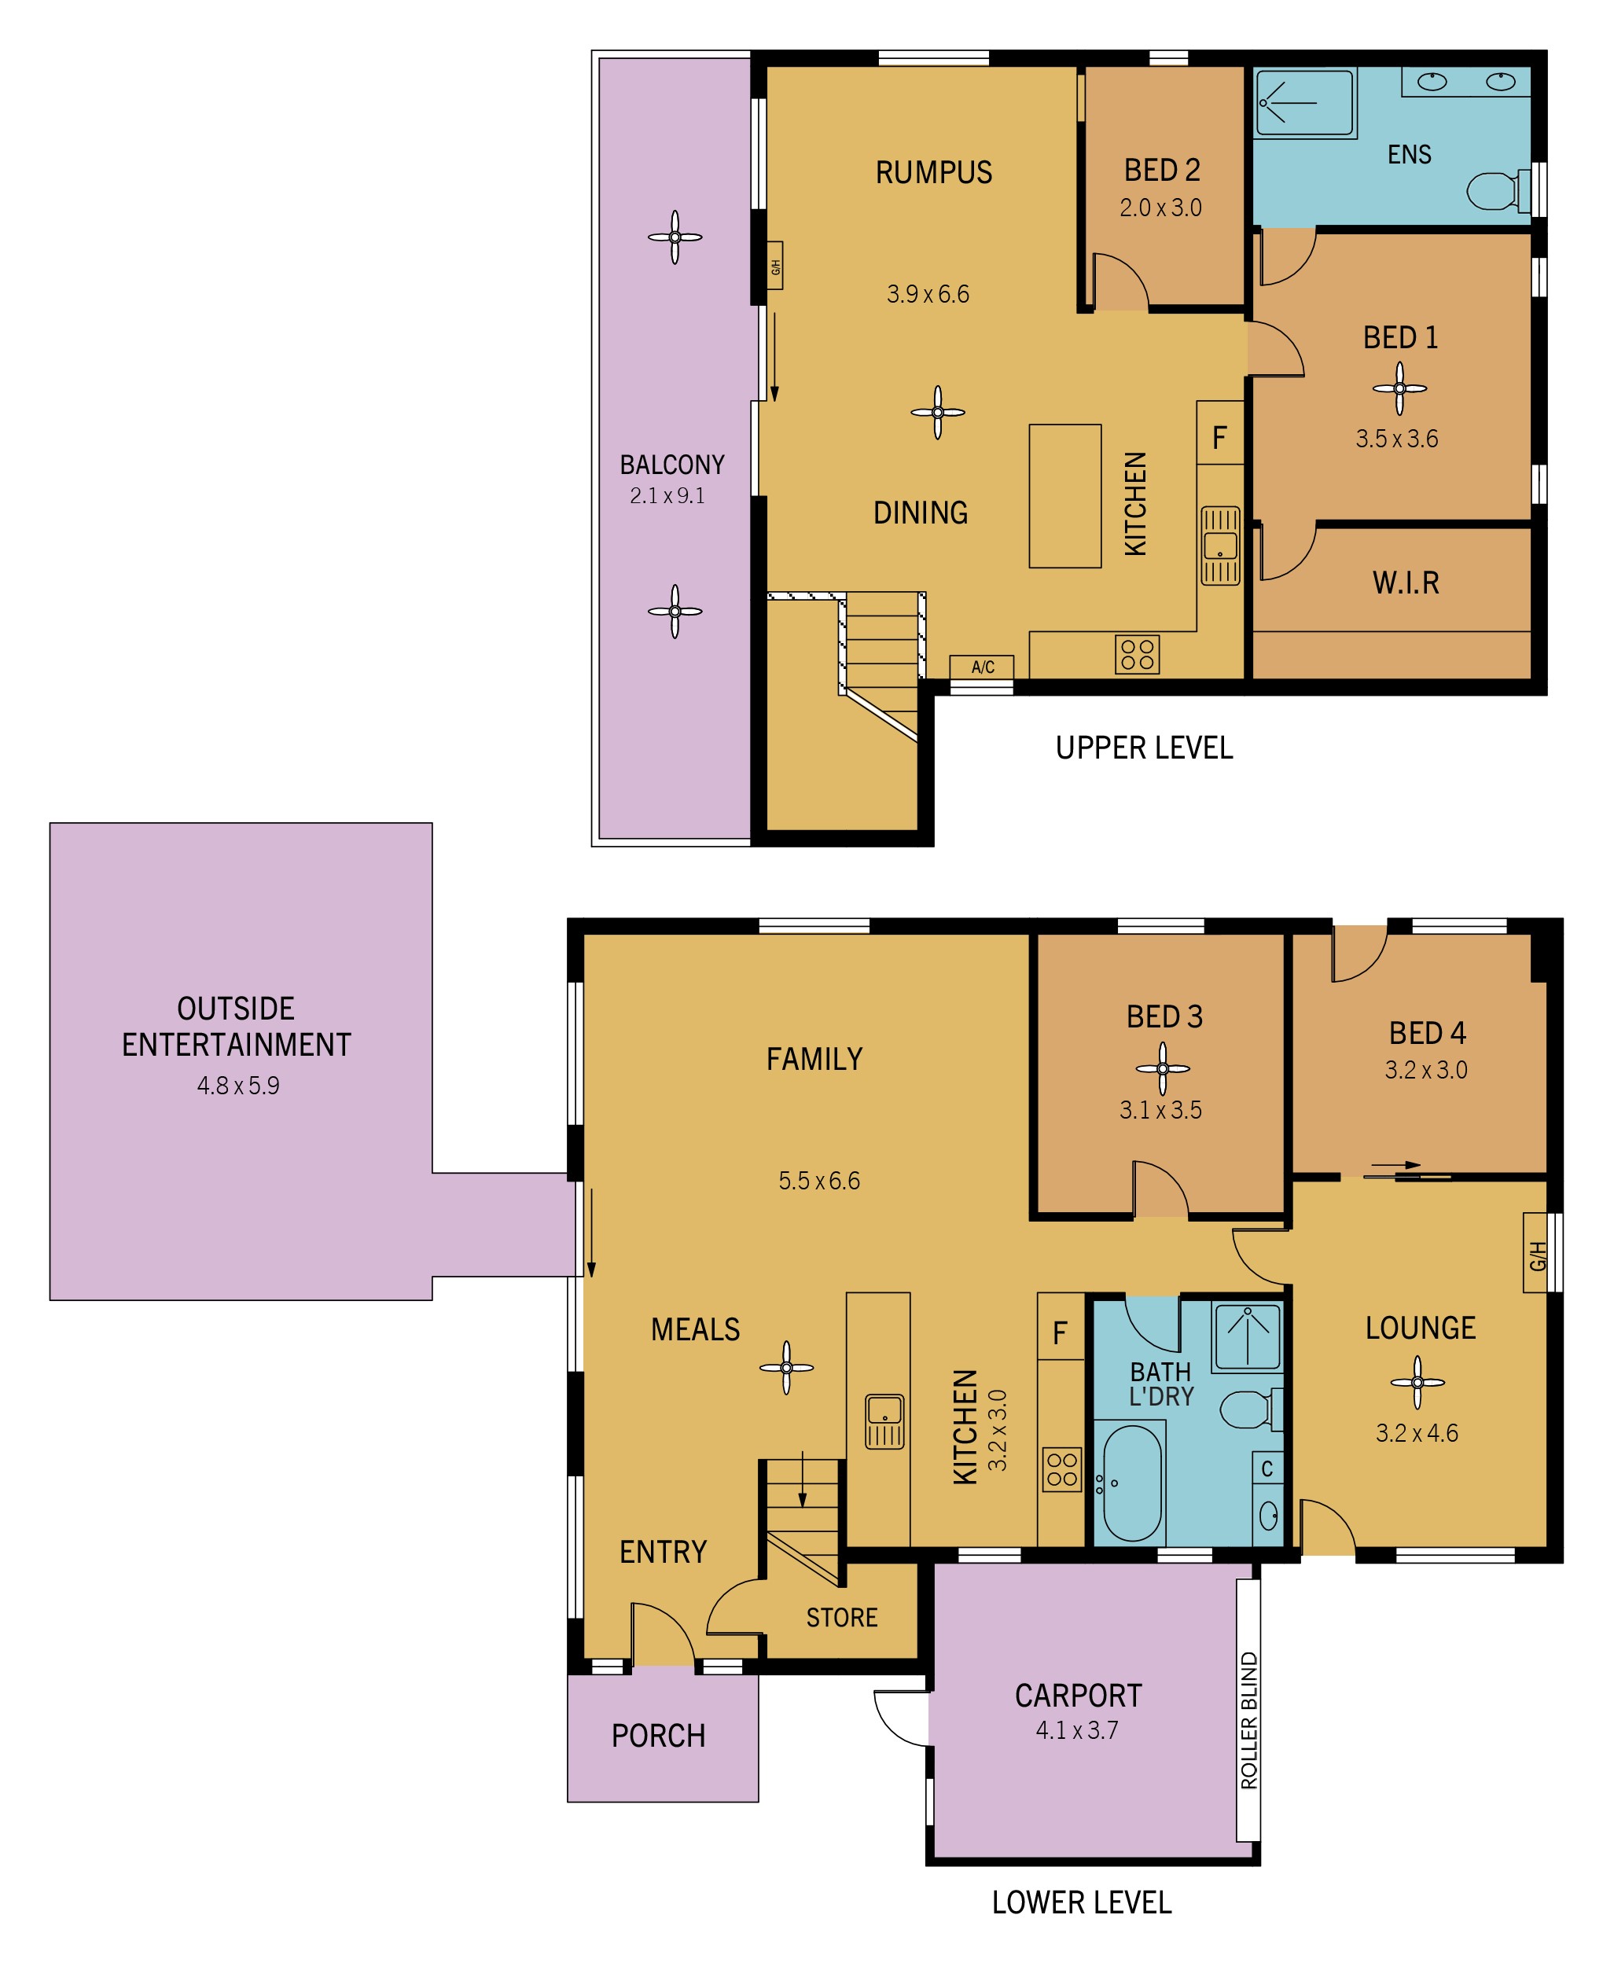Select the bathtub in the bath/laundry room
pyautogui.click(x=1131, y=1483)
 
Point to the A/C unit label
pyautogui.click(x=983, y=667)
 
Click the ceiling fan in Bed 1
pyautogui.click(x=1399, y=388)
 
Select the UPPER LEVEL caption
pyautogui.click(x=1144, y=748)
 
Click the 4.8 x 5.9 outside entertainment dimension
pyautogui.click(x=238, y=1086)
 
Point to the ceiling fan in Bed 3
pyautogui.click(x=1162, y=1068)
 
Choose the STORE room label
pyautogui.click(x=841, y=1618)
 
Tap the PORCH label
pyautogui.click(x=658, y=1736)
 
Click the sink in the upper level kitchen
pyautogui.click(x=1220, y=545)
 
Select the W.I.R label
pyautogui.click(x=1406, y=583)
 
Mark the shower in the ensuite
pyautogui.click(x=1304, y=103)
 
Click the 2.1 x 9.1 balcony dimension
pyautogui.click(x=667, y=495)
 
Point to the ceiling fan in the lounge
pyautogui.click(x=1417, y=1382)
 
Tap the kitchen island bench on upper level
pyautogui.click(x=1064, y=496)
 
